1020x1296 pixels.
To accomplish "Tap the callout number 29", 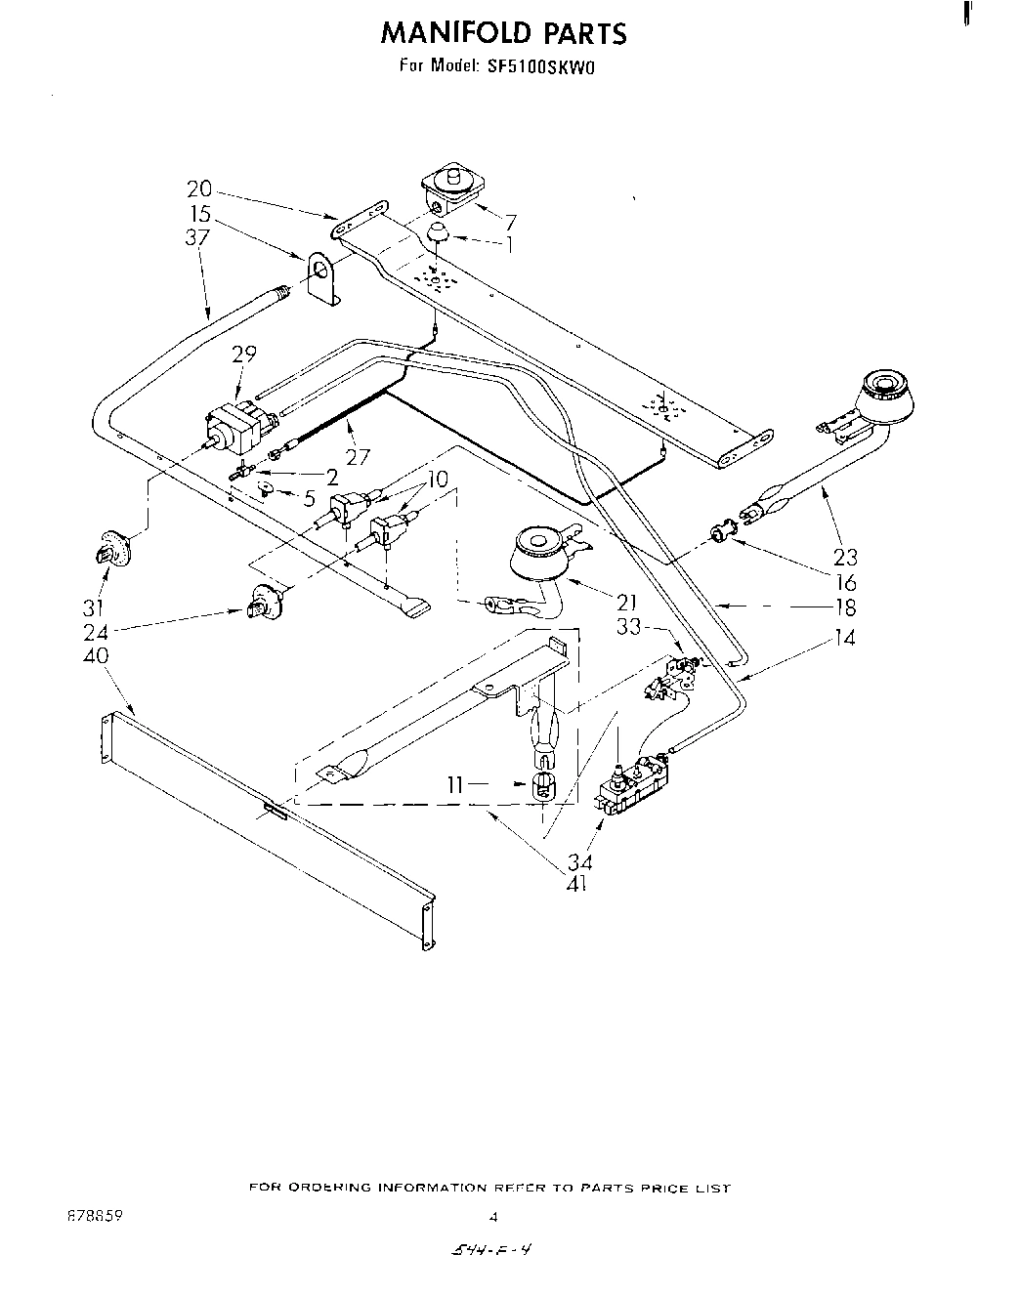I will pyautogui.click(x=243, y=354).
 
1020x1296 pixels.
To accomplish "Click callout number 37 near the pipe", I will pyautogui.click(x=198, y=237).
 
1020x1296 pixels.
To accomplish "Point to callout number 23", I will pyautogui.click(x=845, y=557).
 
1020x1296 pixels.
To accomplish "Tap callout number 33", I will pyautogui.click(x=629, y=629).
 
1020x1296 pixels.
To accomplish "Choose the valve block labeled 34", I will pyautogui.click(x=635, y=781).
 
